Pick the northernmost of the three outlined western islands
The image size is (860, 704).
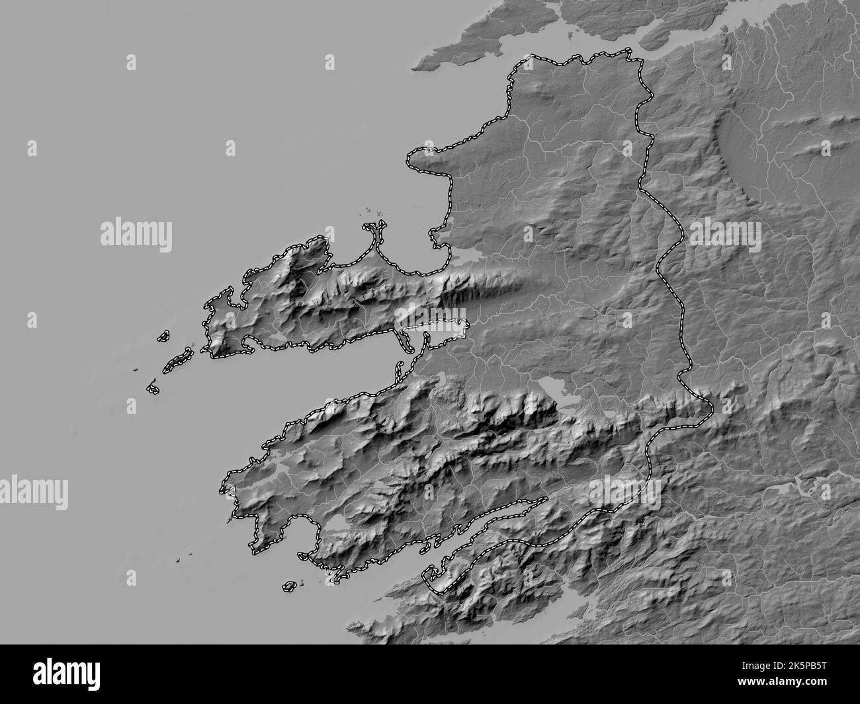coord(162,336)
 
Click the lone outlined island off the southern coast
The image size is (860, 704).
coord(289,586)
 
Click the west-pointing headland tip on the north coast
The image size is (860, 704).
coord(411,158)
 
